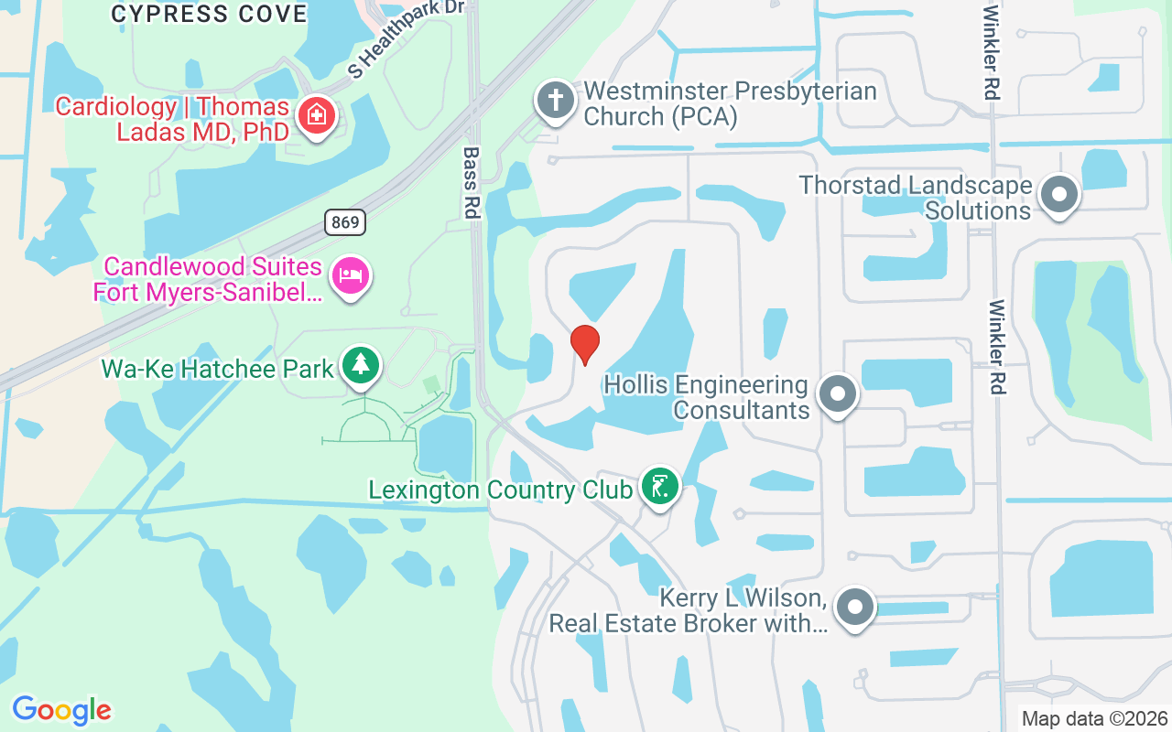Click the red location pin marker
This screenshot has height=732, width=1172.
585,343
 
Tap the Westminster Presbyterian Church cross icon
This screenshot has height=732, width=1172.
555,100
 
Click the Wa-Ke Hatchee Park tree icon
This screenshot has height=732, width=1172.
361,365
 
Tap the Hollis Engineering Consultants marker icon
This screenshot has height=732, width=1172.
837,394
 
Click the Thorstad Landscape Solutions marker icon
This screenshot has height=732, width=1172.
1059,194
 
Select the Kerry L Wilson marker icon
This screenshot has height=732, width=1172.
855,607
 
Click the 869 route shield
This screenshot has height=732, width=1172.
344,221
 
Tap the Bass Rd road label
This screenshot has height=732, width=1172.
472,182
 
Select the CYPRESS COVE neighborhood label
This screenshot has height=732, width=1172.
210,14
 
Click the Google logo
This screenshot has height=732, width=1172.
61,709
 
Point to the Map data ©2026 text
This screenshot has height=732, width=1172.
1094,718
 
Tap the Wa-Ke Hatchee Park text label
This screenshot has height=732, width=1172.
217,369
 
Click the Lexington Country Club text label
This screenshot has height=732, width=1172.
500,490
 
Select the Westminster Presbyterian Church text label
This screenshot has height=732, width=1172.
730,104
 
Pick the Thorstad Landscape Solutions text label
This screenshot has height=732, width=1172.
916,198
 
